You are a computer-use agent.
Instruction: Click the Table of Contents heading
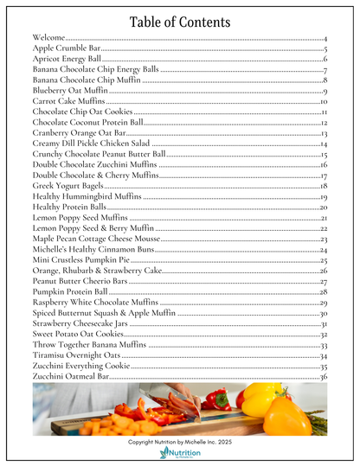pyautogui.click(x=179, y=22)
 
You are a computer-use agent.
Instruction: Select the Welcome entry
pyautogui.click(x=51, y=39)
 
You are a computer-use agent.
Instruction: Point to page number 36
pyautogui.click(x=323, y=377)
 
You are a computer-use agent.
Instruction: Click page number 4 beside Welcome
pyautogui.click(x=325, y=39)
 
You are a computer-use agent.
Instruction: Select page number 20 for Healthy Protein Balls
pyautogui.click(x=323, y=207)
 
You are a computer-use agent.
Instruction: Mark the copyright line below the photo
pyautogui.click(x=179, y=441)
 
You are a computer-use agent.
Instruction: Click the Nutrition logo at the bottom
pyautogui.click(x=180, y=454)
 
